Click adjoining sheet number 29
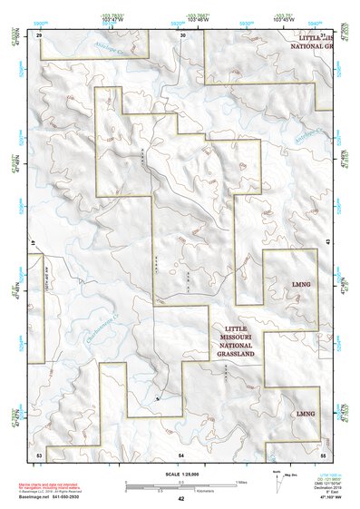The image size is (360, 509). (39, 34)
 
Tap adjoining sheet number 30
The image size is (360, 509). (182, 34)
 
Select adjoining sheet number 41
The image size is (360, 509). (32, 244)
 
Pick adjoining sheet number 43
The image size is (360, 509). (327, 244)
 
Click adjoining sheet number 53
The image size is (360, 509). (39, 452)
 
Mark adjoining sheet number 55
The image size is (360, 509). (323, 452)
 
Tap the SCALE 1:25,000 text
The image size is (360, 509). (180, 474)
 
